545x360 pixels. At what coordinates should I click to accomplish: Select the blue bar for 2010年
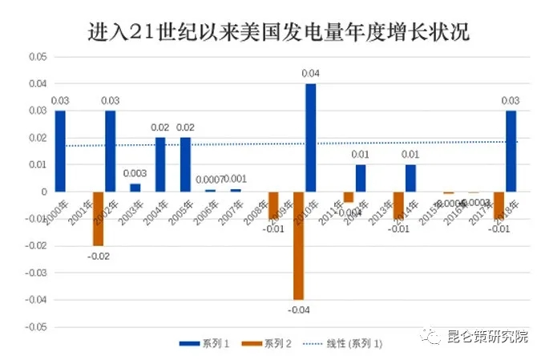(310, 137)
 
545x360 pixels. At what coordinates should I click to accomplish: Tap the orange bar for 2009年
(298, 245)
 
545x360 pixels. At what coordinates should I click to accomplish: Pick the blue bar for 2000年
(60, 151)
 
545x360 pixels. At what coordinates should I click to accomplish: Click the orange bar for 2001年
(98, 218)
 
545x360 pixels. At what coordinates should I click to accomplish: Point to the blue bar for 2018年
(511, 151)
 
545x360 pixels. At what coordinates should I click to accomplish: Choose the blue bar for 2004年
(160, 164)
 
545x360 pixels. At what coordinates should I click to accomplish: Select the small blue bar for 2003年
(135, 188)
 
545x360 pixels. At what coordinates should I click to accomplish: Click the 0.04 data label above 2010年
(310, 74)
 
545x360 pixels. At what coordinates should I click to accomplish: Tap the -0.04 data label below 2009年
(298, 310)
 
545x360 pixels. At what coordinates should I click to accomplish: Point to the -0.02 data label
(98, 257)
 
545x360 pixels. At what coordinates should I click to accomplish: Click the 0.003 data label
(135, 174)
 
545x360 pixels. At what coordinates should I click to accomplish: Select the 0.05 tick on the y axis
(37, 57)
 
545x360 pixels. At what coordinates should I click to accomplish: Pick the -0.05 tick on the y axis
(35, 327)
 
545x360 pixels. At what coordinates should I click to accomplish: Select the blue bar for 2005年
(185, 164)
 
